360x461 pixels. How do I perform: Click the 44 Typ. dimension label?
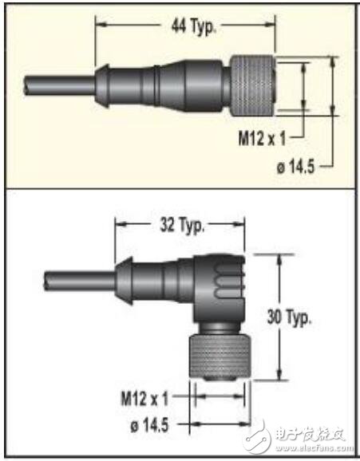coord(193,27)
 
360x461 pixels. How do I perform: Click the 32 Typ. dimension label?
coord(182,226)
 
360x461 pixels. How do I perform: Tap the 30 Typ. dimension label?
coord(289,317)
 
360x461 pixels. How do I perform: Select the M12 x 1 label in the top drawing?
coord(262,139)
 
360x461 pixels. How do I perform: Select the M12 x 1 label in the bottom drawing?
coord(144,399)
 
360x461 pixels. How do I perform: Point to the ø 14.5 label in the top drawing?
coord(296,167)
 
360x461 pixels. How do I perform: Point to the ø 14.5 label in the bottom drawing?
coord(149,425)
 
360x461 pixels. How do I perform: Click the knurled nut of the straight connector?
coord(252,85)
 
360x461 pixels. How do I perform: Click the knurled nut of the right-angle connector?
coord(220,357)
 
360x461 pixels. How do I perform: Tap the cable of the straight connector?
coord(60,85)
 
